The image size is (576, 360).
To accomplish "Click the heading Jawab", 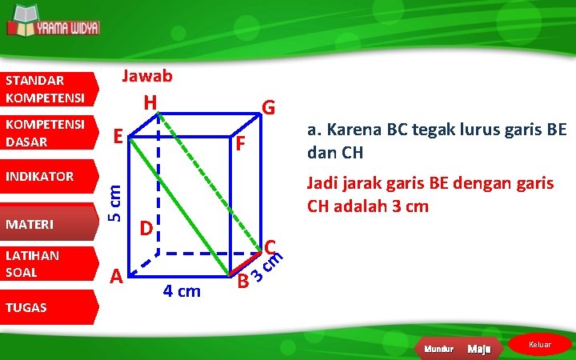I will point(146,76).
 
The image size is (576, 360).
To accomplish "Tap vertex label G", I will point(270,107).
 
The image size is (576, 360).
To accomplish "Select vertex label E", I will point(118,137).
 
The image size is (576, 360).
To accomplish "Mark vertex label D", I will point(145,228).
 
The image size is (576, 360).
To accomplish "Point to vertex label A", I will point(116,276).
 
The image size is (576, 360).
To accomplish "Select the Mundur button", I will point(439,349).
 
